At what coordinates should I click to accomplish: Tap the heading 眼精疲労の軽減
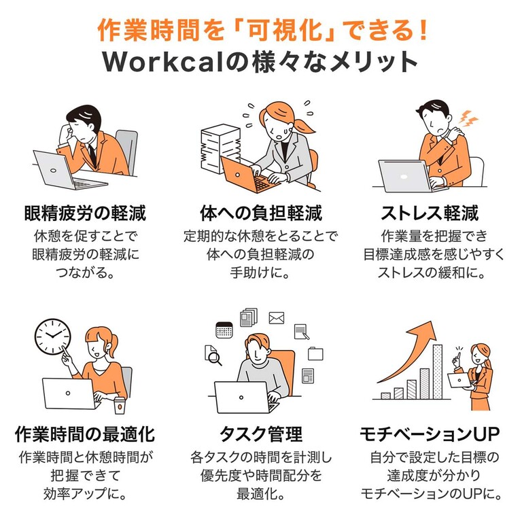point(85,213)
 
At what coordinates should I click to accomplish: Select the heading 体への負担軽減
point(261,213)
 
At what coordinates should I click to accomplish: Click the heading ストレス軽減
point(430,213)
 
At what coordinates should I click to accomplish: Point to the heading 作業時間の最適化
point(85,434)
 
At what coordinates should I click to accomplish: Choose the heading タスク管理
point(261,434)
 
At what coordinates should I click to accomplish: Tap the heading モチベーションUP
point(430,434)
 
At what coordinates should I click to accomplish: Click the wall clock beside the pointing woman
point(53,336)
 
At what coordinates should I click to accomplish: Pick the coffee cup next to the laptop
point(120,405)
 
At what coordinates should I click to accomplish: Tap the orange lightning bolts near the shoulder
point(468,118)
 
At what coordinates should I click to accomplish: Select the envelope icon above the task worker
point(277,318)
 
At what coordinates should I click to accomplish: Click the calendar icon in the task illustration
point(224,330)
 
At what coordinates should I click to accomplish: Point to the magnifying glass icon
point(215,358)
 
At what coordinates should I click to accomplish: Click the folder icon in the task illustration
point(315,353)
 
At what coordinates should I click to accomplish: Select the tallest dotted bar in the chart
point(438,372)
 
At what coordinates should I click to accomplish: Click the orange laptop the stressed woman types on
point(249,175)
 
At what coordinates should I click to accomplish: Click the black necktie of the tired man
point(92,156)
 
